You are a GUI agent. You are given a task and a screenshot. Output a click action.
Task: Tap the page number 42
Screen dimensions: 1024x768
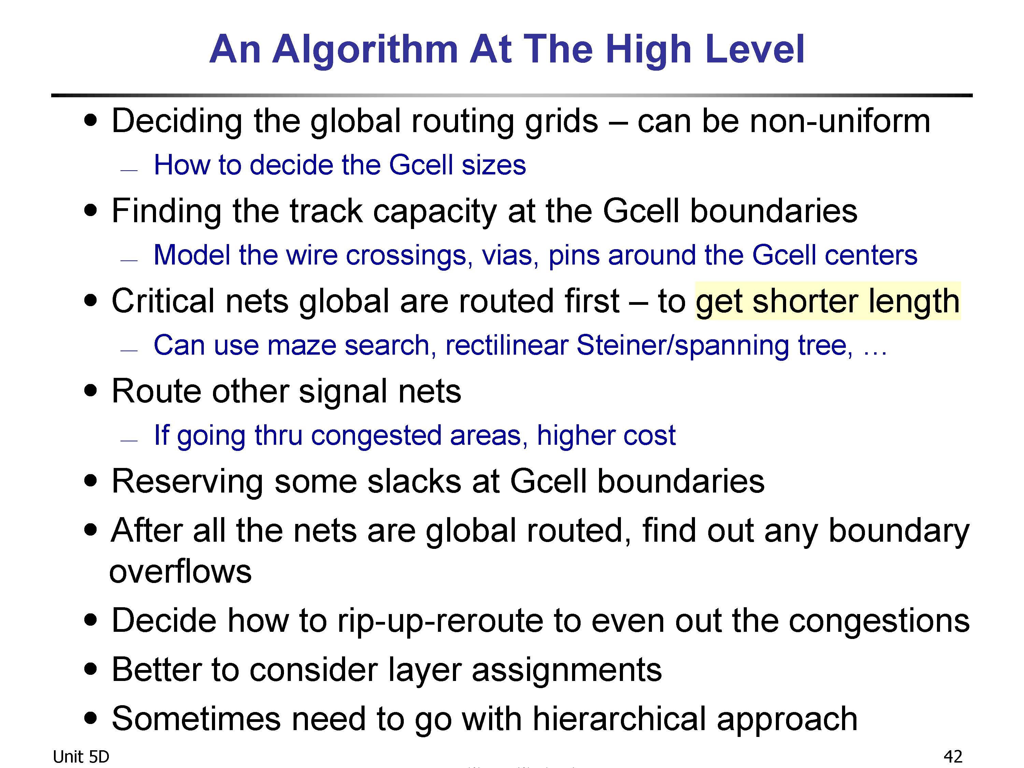(953, 756)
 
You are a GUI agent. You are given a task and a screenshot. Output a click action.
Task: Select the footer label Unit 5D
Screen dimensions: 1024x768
(81, 756)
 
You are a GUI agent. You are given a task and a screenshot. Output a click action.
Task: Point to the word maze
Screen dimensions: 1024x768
(301, 346)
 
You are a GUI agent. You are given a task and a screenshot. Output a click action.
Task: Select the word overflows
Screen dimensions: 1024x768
(181, 571)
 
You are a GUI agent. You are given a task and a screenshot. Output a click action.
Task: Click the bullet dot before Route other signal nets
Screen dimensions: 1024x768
(91, 390)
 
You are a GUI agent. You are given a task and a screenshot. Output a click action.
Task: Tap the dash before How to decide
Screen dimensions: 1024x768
(129, 170)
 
